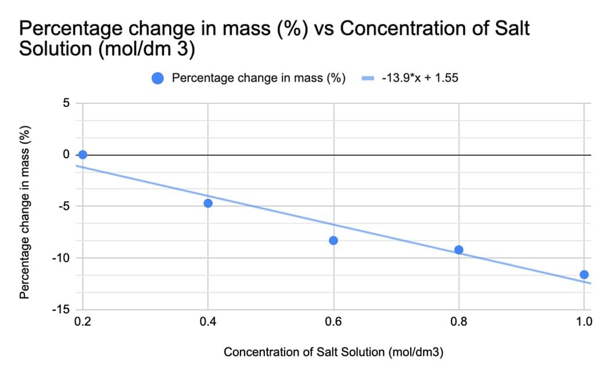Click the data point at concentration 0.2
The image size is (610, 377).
click(82, 155)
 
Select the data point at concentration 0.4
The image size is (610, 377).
click(208, 203)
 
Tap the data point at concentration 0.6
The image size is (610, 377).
click(333, 240)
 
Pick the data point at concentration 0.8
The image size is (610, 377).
click(459, 250)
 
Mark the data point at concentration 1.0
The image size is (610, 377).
click(584, 275)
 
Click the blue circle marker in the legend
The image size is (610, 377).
click(157, 79)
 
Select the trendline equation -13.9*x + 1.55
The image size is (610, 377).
click(419, 79)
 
